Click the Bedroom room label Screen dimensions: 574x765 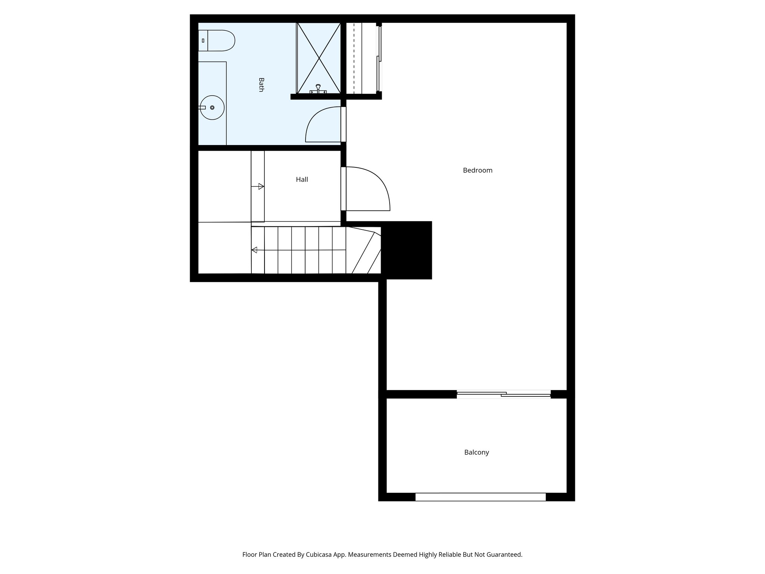(x=477, y=170)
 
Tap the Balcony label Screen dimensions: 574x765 (x=476, y=452)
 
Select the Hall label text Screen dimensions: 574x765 (x=302, y=180)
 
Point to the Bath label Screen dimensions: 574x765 (x=261, y=84)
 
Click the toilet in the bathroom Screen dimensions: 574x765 (x=219, y=40)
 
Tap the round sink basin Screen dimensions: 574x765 (x=212, y=108)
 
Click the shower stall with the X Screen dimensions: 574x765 (x=319, y=58)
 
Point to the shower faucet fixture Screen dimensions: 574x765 (x=318, y=89)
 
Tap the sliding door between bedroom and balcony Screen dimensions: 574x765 (x=504, y=394)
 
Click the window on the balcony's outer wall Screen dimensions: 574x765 (x=480, y=497)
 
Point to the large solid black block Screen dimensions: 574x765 (x=407, y=250)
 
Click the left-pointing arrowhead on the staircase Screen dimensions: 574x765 (x=254, y=250)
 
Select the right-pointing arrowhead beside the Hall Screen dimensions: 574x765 (x=261, y=186)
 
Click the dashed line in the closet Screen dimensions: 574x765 (x=354, y=58)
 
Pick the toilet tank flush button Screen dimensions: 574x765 (x=203, y=40)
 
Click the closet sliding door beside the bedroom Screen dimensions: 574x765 (x=380, y=58)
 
